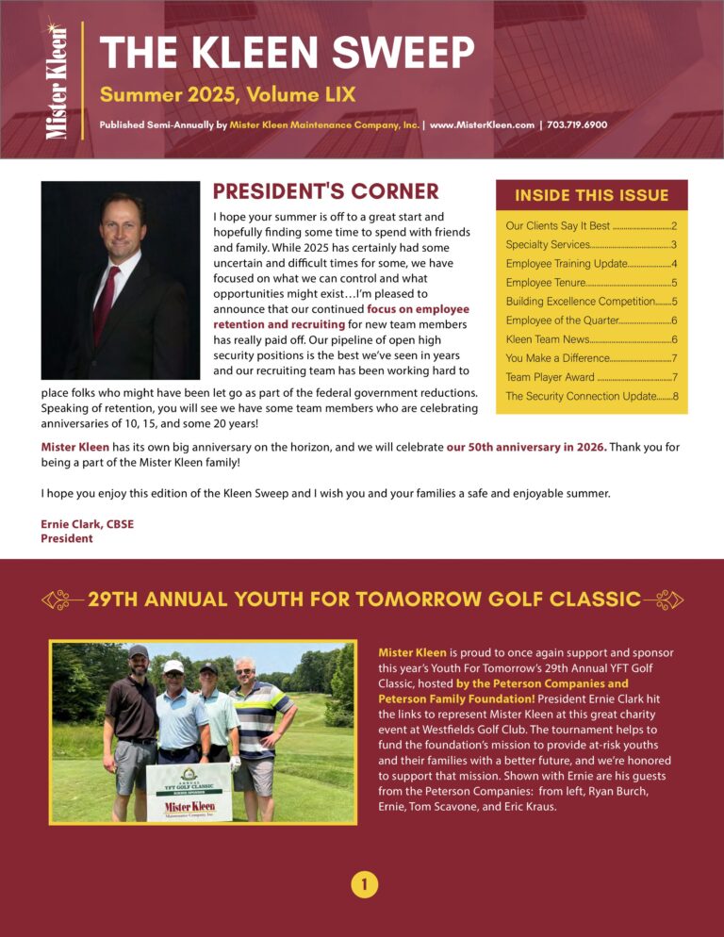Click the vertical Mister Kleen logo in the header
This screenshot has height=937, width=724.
56,80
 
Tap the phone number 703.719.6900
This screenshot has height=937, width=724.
576,124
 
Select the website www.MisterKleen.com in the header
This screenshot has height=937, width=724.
482,124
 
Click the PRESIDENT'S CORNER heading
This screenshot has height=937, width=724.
325,192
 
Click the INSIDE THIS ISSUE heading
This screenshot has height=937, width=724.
591,196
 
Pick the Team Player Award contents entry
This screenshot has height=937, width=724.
550,377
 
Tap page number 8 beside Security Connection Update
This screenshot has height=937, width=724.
675,396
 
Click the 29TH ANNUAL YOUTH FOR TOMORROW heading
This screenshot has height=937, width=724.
363,600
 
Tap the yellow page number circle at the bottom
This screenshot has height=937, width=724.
363,884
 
